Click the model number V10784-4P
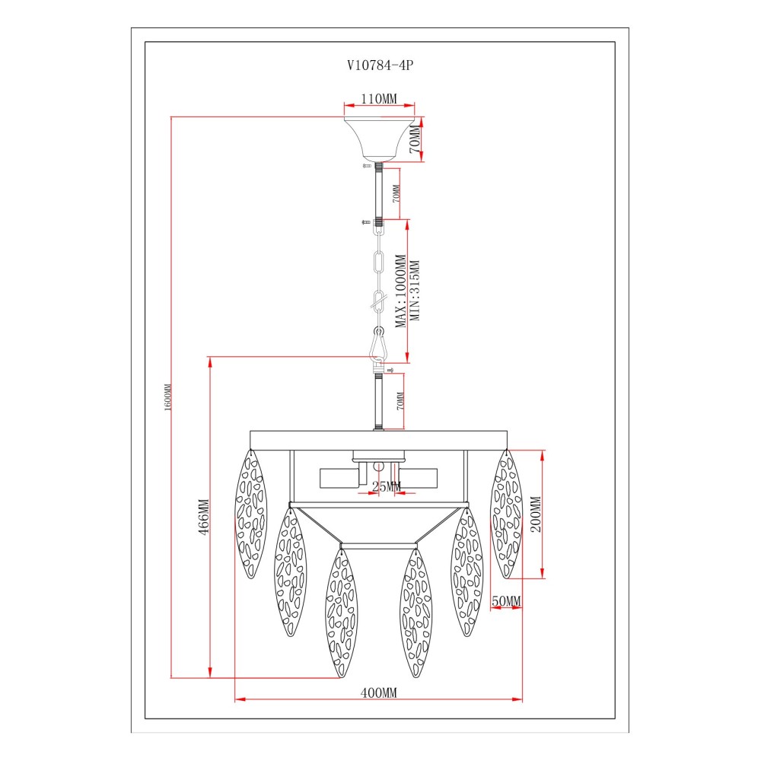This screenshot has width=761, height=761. [x=380, y=65]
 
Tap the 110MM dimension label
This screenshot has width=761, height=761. [x=378, y=98]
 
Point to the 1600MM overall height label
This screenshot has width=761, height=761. [x=168, y=397]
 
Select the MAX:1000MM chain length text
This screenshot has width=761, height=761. [x=400, y=291]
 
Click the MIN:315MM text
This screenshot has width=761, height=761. [x=415, y=290]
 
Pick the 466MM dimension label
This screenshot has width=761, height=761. [x=204, y=517]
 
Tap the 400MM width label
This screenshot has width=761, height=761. [x=378, y=693]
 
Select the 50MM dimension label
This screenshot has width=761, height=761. [x=506, y=601]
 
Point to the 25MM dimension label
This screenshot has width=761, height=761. [x=387, y=486]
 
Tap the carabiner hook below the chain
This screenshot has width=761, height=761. [x=378, y=345]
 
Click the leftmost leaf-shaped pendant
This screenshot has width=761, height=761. [x=251, y=514]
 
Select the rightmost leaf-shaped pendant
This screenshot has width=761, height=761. [x=506, y=514]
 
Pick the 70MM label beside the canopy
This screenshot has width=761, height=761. [x=415, y=139]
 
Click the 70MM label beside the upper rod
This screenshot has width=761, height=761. [x=396, y=193]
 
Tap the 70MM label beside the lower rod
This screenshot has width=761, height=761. [x=400, y=401]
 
